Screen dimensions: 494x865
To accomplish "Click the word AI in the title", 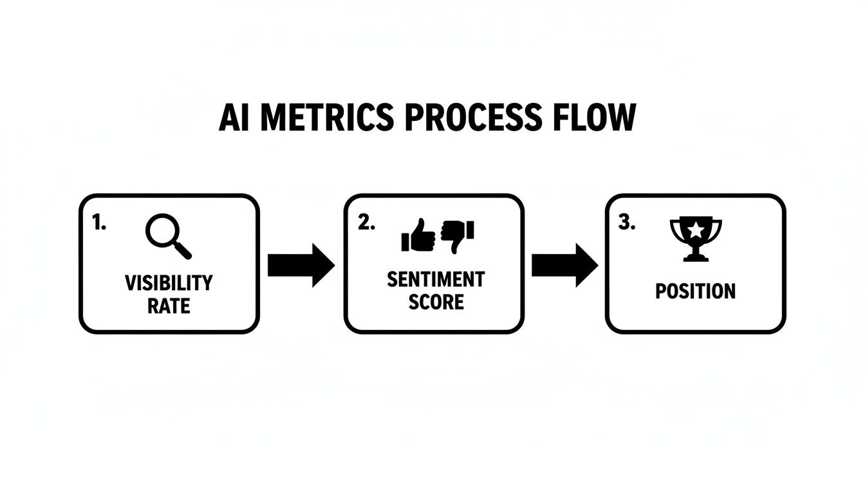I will [234, 118].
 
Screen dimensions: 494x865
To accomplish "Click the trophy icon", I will [696, 239].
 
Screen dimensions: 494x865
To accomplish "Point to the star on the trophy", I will [696, 229].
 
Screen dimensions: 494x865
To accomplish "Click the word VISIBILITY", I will [169, 282].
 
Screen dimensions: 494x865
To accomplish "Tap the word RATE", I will [169, 305].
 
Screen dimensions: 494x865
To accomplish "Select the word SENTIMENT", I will [436, 279].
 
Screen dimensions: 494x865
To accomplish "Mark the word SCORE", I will [436, 302].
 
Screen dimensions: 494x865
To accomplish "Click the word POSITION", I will [695, 291].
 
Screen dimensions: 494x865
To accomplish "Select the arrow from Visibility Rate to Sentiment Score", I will [301, 264].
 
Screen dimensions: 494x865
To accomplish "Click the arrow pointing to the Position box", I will [564, 264].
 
